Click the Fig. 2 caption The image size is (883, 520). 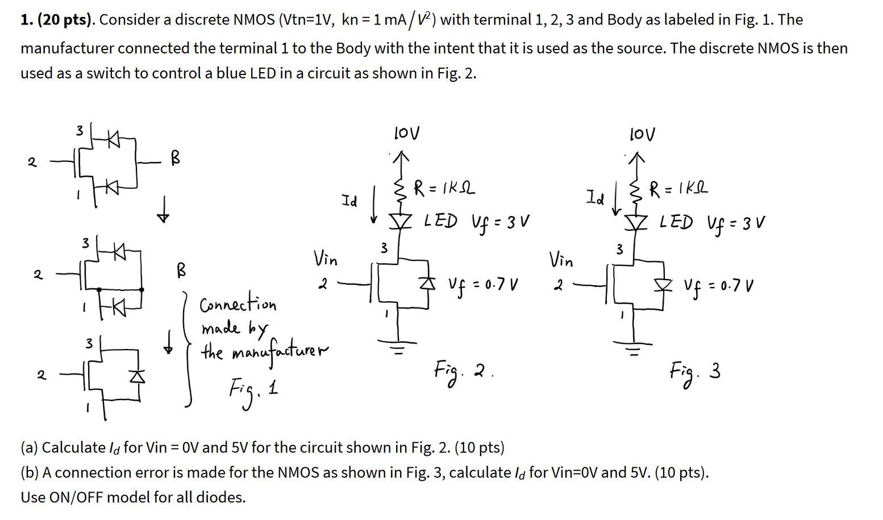(x=462, y=372)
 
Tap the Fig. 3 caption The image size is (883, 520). (x=695, y=373)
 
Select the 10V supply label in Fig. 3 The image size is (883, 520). (x=642, y=134)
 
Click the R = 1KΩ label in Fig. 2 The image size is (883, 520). (x=444, y=188)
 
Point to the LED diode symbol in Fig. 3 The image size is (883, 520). (x=636, y=222)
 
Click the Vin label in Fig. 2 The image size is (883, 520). (x=326, y=260)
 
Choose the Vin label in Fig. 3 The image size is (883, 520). (x=561, y=260)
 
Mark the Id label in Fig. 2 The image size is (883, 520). (x=349, y=201)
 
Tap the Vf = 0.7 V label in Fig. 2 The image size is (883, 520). (x=482, y=284)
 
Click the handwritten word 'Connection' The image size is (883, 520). (x=238, y=305)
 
